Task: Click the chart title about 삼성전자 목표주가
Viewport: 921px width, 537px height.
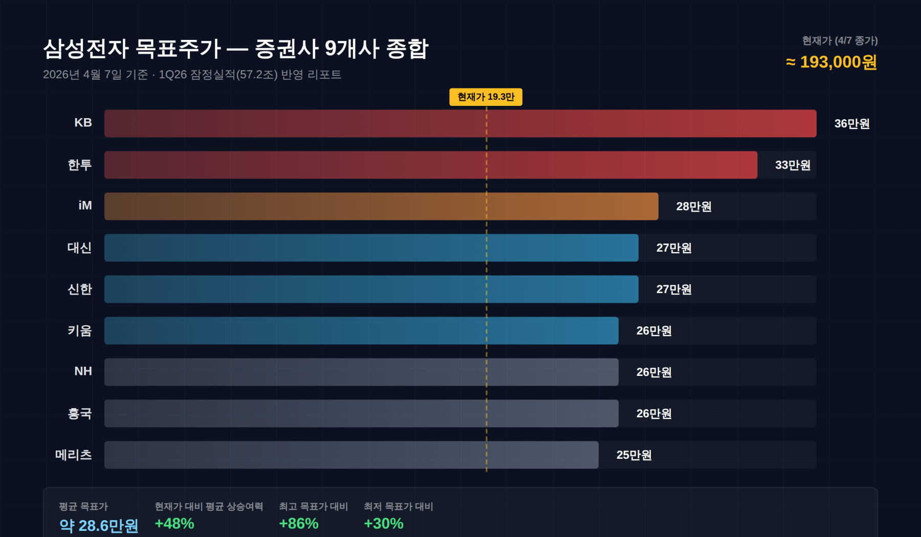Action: click(x=235, y=49)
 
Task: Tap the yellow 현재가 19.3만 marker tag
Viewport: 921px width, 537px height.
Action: click(x=486, y=97)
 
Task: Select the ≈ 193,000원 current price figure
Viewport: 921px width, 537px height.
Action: click(x=831, y=62)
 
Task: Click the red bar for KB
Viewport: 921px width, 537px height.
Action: click(x=460, y=123)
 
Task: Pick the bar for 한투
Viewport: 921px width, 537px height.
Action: click(x=430, y=165)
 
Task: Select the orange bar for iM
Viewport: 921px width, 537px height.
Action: click(x=381, y=206)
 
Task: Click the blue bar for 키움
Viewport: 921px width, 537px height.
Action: click(x=361, y=330)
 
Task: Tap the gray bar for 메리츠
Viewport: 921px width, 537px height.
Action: click(x=351, y=455)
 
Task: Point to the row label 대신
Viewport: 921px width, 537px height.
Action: click(x=79, y=248)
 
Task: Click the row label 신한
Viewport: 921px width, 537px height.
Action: click(x=79, y=289)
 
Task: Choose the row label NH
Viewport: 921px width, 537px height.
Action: click(x=83, y=371)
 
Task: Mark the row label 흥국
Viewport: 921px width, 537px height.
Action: click(x=79, y=413)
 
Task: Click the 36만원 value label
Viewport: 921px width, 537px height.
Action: click(x=852, y=124)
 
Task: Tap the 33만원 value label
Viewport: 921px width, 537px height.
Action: click(x=793, y=165)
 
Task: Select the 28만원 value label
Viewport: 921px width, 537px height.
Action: click(x=694, y=207)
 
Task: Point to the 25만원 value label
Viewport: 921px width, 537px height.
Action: click(x=634, y=455)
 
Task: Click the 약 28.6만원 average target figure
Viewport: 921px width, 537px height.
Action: click(x=99, y=525)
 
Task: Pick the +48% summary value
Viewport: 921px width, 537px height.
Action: click(x=174, y=524)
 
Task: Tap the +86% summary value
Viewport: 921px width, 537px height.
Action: click(x=299, y=524)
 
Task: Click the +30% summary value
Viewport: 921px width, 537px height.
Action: click(x=384, y=524)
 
